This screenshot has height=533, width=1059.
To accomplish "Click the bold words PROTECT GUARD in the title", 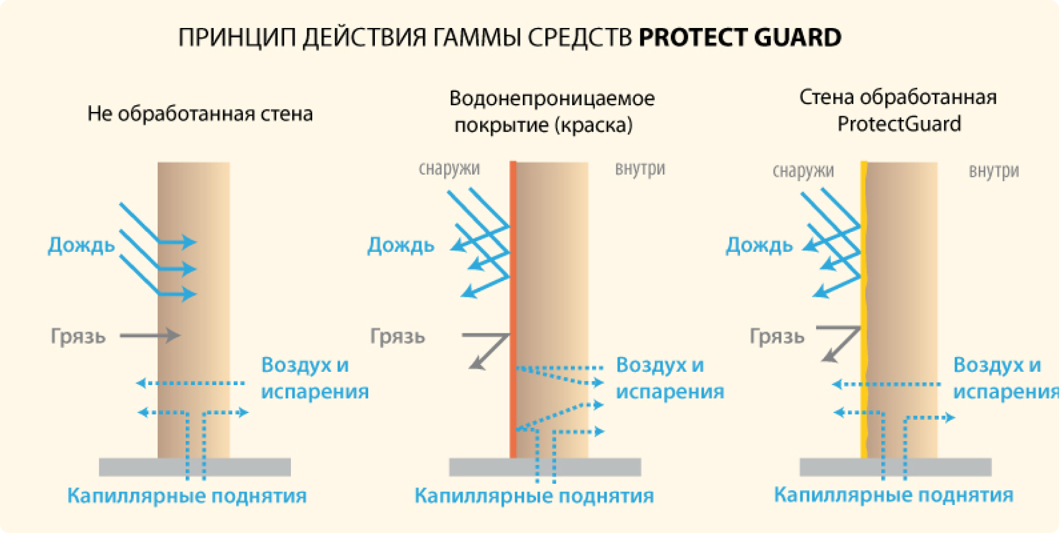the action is pyautogui.click(x=739, y=38).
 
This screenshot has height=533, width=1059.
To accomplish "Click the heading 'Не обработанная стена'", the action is pyautogui.click(x=200, y=114).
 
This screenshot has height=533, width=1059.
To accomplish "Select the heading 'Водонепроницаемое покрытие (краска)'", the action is pyautogui.click(x=551, y=111).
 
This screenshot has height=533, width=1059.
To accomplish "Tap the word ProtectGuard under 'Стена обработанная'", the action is pyautogui.click(x=899, y=124).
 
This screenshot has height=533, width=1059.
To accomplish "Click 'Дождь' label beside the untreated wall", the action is pyautogui.click(x=81, y=245).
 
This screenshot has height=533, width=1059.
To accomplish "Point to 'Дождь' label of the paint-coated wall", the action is pyautogui.click(x=400, y=245).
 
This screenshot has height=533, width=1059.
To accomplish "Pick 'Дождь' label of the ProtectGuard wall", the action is pyautogui.click(x=759, y=245).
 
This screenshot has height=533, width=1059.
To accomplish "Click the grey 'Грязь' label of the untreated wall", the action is pyautogui.click(x=78, y=336).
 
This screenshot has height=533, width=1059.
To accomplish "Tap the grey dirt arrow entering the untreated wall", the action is pyautogui.click(x=150, y=335).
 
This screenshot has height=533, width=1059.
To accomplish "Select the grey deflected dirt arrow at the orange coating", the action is pyautogui.click(x=488, y=349).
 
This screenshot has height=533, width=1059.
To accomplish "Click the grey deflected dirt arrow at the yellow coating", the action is pyautogui.click(x=839, y=344).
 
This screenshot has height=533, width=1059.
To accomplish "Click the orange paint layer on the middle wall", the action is pyautogui.click(x=513, y=304).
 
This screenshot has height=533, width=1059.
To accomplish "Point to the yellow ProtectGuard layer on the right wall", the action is pyautogui.click(x=864, y=304).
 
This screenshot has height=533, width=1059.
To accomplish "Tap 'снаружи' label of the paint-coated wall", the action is pyautogui.click(x=449, y=169).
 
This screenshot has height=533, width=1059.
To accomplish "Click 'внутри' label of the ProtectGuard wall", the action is pyautogui.click(x=993, y=171).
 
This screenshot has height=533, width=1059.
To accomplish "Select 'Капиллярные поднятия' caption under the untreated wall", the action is pyautogui.click(x=187, y=496).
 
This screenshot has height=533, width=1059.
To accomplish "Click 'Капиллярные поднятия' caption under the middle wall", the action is pyautogui.click(x=534, y=496).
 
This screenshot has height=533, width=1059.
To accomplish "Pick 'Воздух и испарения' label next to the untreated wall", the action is pyautogui.click(x=314, y=378).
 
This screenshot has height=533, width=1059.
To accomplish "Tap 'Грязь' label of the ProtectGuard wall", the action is pyautogui.click(x=777, y=336).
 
